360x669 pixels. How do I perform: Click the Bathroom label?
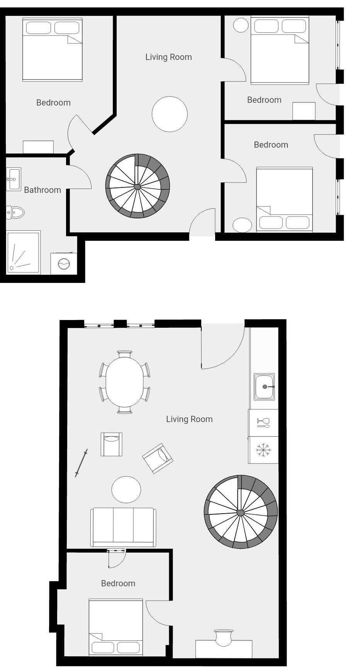point(42,190)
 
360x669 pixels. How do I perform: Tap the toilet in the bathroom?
point(15,212)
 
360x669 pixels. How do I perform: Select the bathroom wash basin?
point(14,179)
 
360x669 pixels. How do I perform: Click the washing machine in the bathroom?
point(64,264)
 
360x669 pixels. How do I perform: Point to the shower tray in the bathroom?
point(23,252)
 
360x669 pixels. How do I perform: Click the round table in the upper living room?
point(170,114)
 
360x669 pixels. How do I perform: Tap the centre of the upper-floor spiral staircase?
point(138,187)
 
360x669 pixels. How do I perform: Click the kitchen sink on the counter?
point(265,386)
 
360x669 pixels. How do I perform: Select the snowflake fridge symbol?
point(263,450)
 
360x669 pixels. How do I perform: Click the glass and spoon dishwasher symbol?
point(263,423)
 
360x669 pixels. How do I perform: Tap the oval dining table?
point(125,382)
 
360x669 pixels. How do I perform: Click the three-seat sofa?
point(124,527)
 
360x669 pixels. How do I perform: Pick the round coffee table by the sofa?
point(126,489)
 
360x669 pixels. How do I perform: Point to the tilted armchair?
point(158,458)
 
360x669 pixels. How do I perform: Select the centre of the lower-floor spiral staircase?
point(241,512)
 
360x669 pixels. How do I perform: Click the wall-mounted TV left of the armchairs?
point(82,463)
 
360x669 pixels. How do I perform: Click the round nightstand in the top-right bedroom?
point(241,25)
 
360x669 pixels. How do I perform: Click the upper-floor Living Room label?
point(168,57)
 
